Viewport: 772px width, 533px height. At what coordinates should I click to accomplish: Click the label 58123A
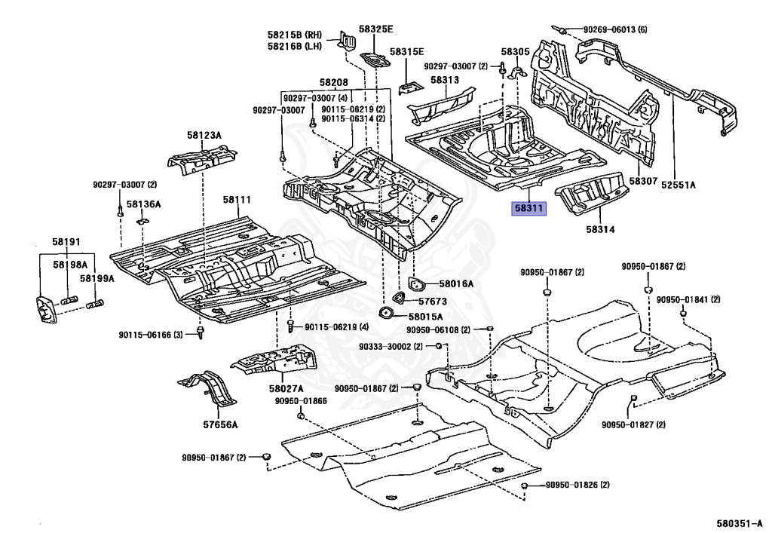[x=204, y=135]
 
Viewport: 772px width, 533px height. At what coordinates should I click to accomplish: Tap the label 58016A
[x=457, y=284]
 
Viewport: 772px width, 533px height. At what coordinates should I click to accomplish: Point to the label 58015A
[x=427, y=317]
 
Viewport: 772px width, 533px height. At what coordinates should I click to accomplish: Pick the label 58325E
[x=375, y=29]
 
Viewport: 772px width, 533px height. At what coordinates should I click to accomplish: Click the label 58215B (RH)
[x=295, y=34]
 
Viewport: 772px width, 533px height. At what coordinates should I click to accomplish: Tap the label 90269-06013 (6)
[x=615, y=29]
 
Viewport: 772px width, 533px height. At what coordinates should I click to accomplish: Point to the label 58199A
[x=97, y=279]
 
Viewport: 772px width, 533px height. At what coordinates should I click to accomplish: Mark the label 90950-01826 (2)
[x=577, y=484]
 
